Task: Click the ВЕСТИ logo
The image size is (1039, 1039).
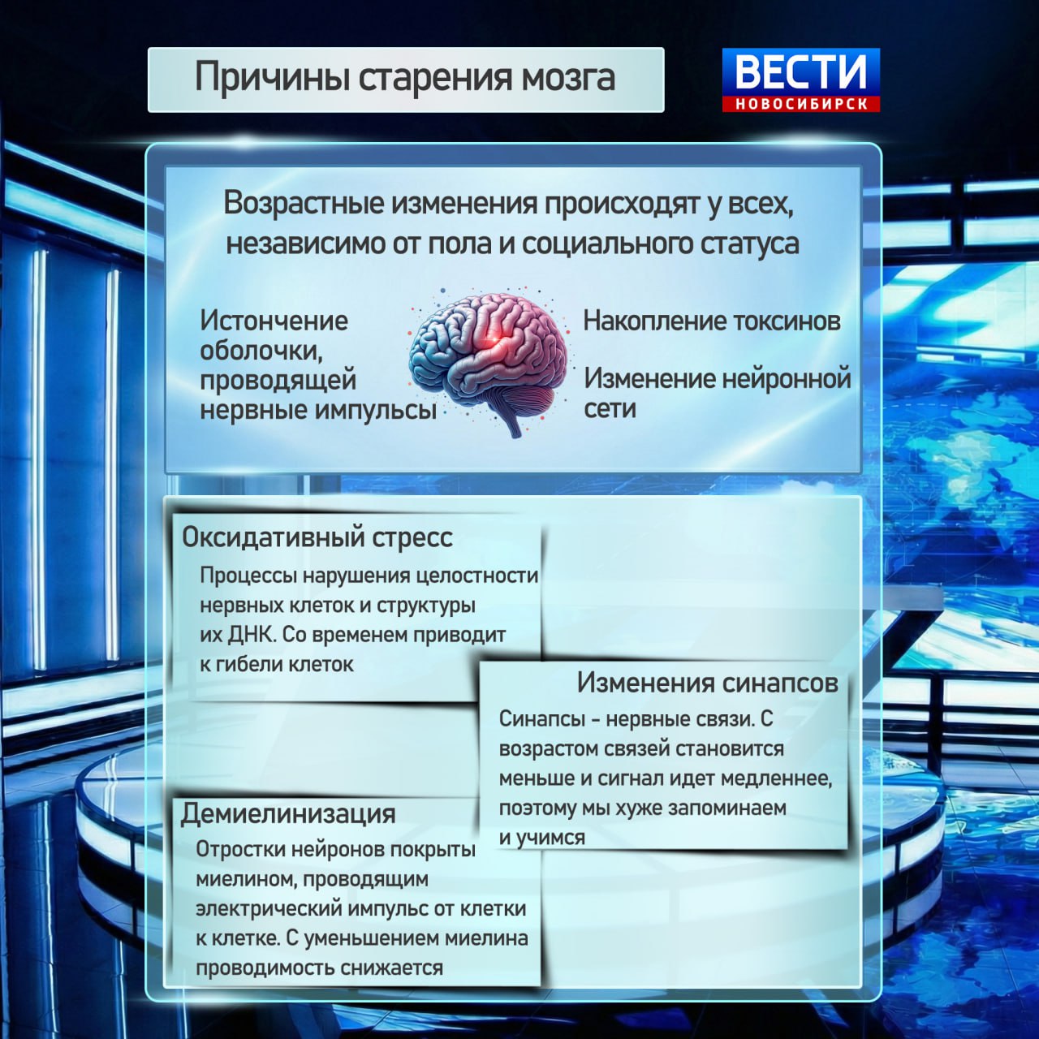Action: (800, 72)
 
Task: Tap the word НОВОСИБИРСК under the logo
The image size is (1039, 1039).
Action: (801, 104)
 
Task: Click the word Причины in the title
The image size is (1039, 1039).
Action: (272, 78)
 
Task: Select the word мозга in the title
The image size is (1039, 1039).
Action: (568, 78)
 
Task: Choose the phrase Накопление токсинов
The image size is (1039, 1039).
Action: (711, 321)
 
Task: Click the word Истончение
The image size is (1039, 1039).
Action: (274, 321)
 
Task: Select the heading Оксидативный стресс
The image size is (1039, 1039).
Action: (317, 537)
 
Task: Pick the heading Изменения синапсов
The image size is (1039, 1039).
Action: (707, 683)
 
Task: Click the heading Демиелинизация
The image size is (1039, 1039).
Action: (288, 813)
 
